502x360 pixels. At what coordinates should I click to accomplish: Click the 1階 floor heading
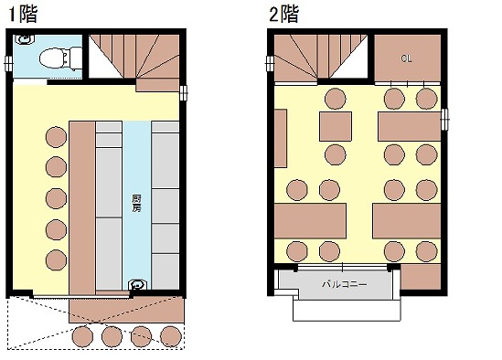pos(23,15)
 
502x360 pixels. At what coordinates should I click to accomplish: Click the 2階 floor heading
pos(284,15)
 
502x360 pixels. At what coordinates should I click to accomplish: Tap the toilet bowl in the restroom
pos(61,58)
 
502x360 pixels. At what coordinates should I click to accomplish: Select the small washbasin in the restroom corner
pos(25,39)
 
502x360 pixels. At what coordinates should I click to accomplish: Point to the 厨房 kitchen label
pos(136,204)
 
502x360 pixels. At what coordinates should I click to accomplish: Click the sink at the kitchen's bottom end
pos(138,284)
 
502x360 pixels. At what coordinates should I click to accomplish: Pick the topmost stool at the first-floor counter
pos(56,137)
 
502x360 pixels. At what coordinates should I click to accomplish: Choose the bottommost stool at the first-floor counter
pos(56,259)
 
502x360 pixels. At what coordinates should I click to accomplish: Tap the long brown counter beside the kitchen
pos(82,207)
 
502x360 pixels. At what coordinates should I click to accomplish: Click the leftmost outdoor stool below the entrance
pos(82,336)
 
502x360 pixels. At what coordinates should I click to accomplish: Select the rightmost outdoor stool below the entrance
pos(171,336)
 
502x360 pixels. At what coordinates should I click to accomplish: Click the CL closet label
pos(406,58)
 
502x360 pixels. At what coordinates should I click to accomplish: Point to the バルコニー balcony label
pos(344,284)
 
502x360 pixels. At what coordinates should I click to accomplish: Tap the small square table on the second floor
pos(336,126)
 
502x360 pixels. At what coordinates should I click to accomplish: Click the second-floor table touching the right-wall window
pos(410,126)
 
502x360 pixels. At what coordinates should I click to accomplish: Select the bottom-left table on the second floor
pos(310,221)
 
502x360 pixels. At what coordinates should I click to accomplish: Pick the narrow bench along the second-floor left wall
pos(281,138)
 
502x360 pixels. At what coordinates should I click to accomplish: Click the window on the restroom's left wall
pos(8,64)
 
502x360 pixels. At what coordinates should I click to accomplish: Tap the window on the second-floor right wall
pos(444,120)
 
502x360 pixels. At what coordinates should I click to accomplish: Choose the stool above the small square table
pos(336,99)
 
